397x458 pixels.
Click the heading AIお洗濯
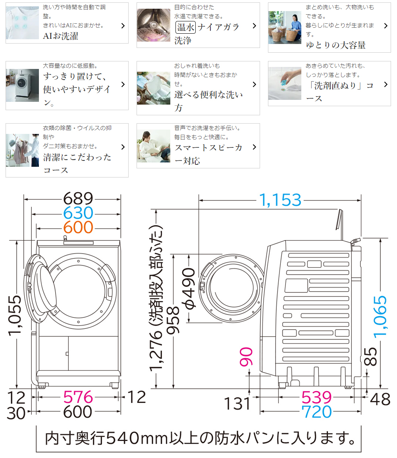pyautogui.click(x=61, y=36)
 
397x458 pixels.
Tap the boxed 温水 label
pyautogui.click(x=185, y=27)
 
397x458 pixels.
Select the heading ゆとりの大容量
pyautogui.click(x=335, y=45)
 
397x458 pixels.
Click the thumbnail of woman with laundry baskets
pyautogui.click(x=284, y=27)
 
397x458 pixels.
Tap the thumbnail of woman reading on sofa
pyautogui.click(x=153, y=146)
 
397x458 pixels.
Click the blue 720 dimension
pyautogui.click(x=316, y=412)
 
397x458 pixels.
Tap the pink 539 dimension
pyautogui.click(x=316, y=397)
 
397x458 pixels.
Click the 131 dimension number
pyautogui.click(x=238, y=404)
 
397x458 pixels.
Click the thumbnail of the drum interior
pyautogui.click(x=153, y=25)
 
